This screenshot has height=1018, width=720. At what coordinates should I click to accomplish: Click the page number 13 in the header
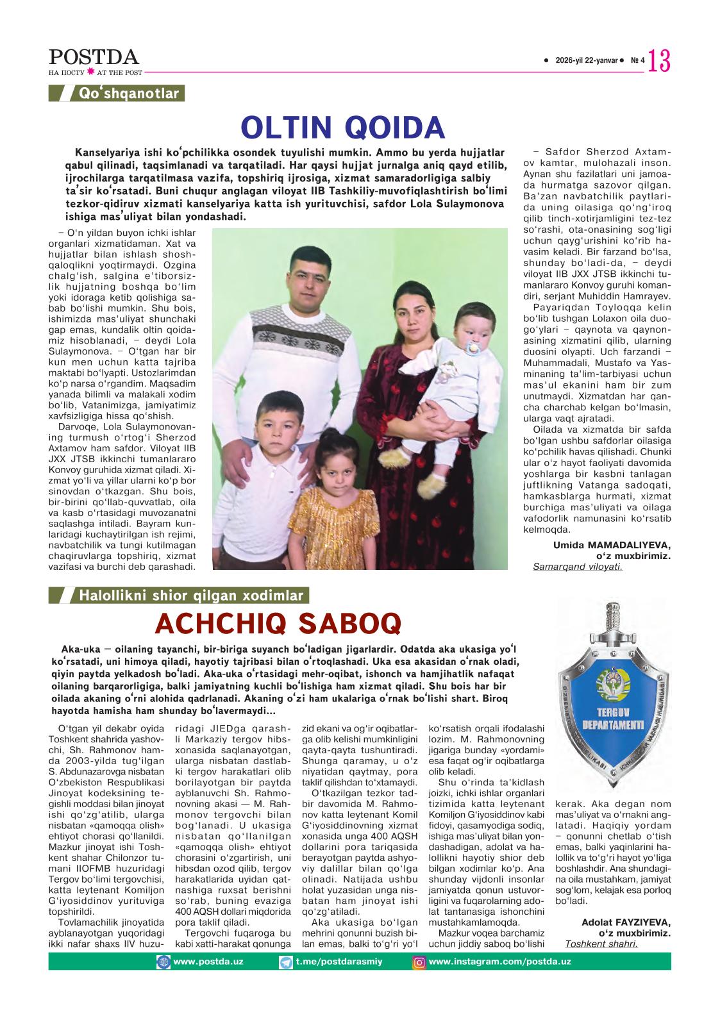659,62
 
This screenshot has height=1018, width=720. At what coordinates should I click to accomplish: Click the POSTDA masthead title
94,57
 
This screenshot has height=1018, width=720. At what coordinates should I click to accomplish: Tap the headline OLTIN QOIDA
342,127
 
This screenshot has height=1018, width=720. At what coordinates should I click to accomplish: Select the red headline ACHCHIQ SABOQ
278,622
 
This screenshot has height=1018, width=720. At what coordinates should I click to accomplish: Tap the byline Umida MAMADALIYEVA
612,545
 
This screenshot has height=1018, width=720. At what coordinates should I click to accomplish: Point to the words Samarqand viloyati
577,566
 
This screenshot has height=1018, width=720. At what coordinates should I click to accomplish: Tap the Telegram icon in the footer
285,962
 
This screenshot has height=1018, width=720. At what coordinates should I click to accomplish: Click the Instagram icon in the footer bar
419,962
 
